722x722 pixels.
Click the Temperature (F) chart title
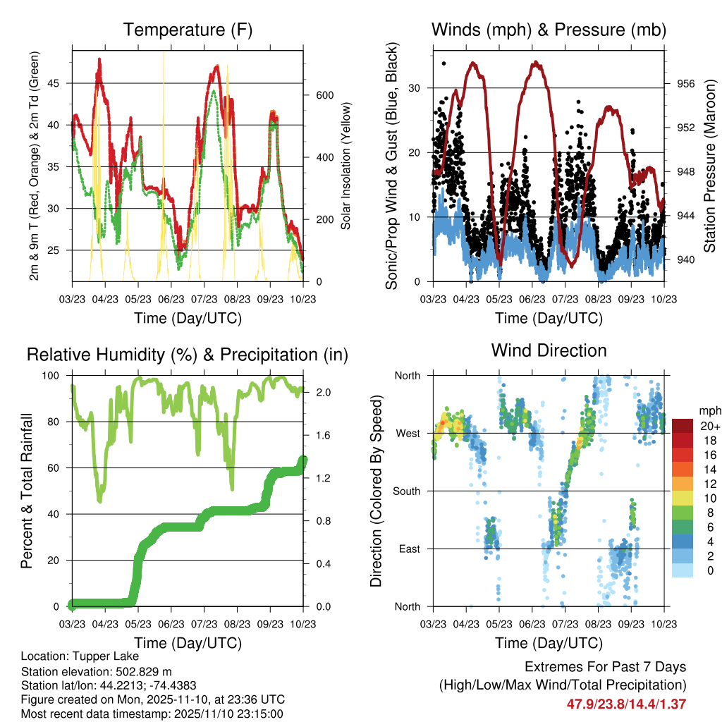pyautogui.click(x=188, y=30)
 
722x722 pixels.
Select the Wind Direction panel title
pyautogui.click(x=549, y=350)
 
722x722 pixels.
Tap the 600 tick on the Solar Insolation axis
pyautogui.click(x=324, y=95)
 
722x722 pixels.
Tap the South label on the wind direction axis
pyautogui.click(x=407, y=491)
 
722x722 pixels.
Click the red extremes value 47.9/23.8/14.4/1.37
pyautogui.click(x=626, y=704)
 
